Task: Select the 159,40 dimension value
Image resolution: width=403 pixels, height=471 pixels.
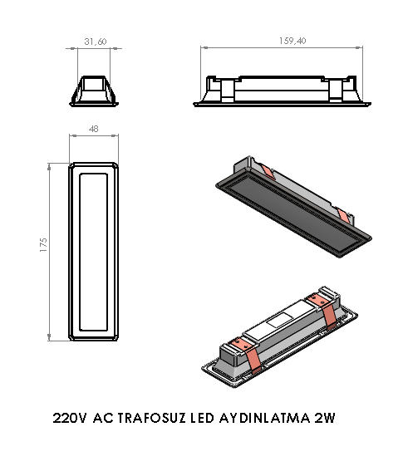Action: point(284,41)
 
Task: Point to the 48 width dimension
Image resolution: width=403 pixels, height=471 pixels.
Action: point(94,130)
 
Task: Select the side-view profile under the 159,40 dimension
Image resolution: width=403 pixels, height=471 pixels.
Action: point(283,91)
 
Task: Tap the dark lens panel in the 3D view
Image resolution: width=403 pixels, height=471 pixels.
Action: point(291,212)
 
